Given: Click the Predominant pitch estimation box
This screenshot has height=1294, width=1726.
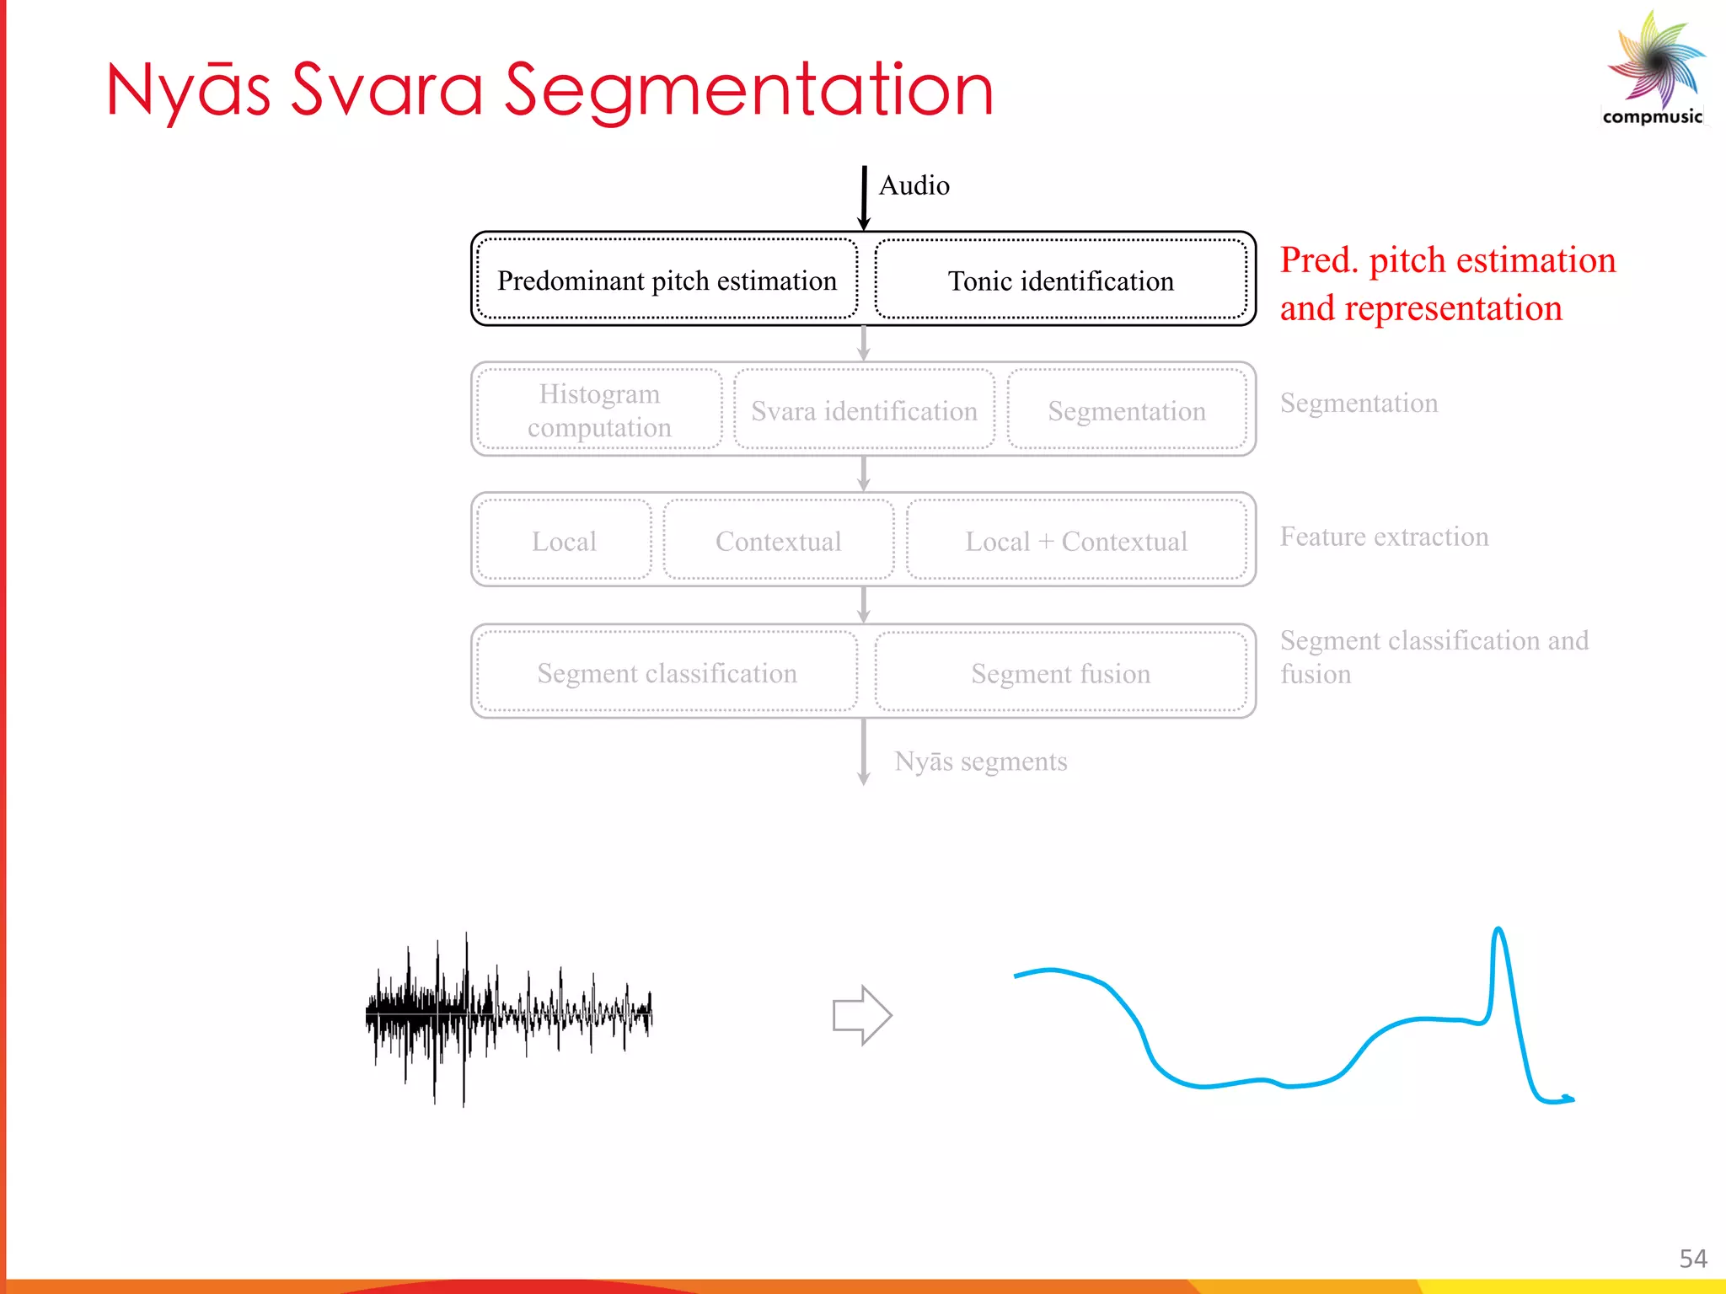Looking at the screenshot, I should pos(667,280).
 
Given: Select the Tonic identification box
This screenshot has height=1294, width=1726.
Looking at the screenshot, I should pos(1060,280).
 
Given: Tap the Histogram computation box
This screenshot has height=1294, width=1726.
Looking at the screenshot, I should pos(599,410).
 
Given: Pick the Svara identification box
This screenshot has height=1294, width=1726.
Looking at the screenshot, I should pos(864,410).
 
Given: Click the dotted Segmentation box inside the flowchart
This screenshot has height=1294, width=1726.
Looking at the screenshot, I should pos(1127,410).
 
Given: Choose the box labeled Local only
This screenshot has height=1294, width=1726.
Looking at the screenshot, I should pos(564,541).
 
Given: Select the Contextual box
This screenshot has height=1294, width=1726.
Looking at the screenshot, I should pos(778,541).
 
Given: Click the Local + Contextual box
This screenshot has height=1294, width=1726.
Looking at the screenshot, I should pos(1076,541).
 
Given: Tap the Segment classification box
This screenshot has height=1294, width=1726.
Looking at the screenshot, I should pos(667,672).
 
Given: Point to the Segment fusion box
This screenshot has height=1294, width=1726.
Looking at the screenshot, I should pos(1060,672).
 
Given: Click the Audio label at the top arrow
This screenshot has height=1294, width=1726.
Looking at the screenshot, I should pos(914,185).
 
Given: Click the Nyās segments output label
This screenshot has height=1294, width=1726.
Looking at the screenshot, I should pos(980,761).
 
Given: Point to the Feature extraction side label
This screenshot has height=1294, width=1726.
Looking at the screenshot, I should pos(1384,537).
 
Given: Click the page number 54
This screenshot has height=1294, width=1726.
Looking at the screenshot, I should pos(1692,1259).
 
